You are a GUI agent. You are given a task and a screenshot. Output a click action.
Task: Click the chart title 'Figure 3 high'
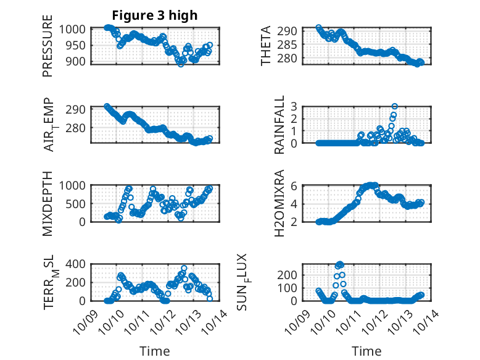154,15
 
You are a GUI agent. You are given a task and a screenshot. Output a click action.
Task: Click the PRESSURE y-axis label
48,51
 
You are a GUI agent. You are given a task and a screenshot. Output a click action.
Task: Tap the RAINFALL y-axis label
279,125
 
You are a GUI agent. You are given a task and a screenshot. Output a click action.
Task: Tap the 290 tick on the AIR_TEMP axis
78,109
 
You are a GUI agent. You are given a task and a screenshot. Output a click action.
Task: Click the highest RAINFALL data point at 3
394,106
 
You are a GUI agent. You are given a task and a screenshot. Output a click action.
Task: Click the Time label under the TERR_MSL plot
154,351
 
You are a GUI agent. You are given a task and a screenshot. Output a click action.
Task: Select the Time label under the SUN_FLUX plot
366,351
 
